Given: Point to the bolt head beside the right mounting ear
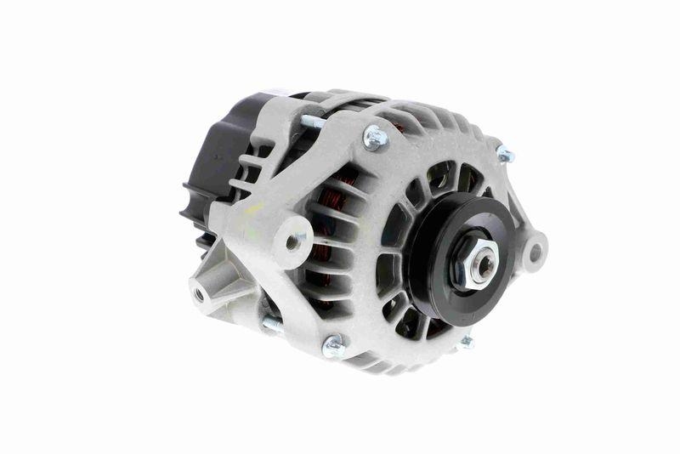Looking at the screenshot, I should pos(504,155).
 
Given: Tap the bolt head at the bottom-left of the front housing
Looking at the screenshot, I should pos(333,344).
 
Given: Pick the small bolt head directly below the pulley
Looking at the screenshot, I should pos(466,342).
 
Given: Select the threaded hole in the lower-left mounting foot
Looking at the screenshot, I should pos(199,294).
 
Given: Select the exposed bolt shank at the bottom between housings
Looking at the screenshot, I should pos(273,324).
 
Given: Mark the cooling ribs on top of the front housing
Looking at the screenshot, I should pos(442,128).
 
